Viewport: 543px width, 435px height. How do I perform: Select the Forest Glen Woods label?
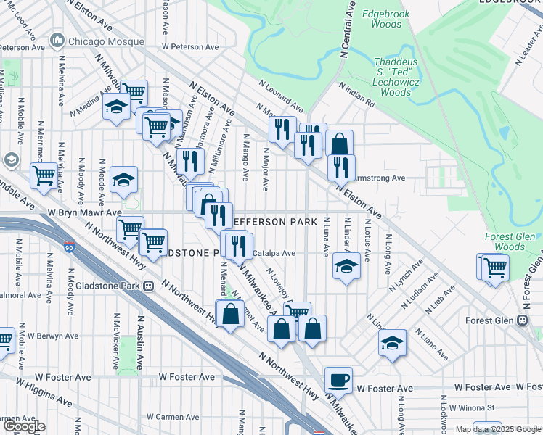click(510, 242)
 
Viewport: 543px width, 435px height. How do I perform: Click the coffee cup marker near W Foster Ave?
click(338, 381)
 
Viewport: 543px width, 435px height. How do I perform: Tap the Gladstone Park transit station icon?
click(149, 286)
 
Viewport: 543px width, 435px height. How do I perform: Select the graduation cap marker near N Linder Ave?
click(347, 267)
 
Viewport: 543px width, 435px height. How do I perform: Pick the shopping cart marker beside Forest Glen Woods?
click(495, 267)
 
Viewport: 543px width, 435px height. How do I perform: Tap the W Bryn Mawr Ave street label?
click(84, 213)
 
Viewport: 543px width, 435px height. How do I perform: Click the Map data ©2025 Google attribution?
click(499, 429)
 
